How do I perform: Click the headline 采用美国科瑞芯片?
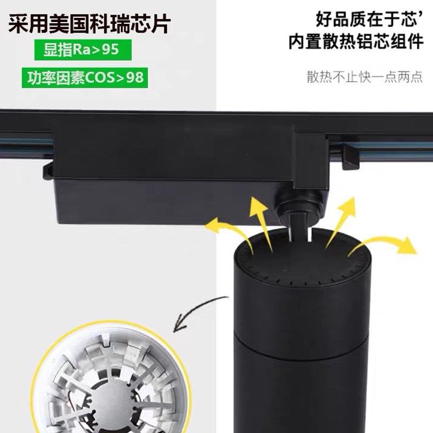coord(89,24)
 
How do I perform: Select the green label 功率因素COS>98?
coord(86,77)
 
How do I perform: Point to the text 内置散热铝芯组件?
coord(355,42)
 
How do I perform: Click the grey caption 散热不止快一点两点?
coord(364,77)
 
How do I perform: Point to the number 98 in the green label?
coord(134,77)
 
